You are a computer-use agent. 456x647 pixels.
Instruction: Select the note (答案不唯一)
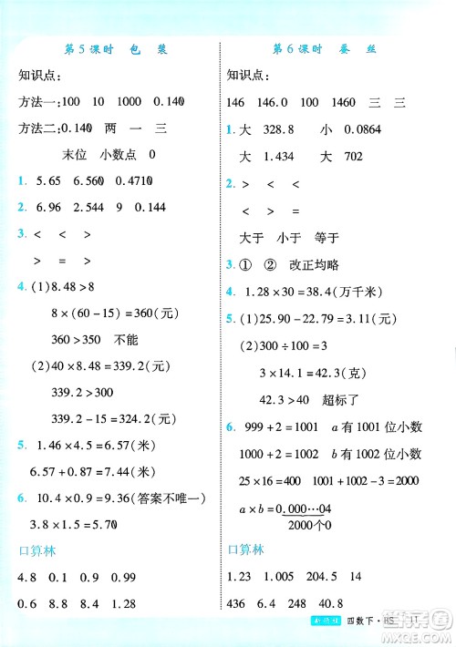pyautogui.click(x=169, y=498)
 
